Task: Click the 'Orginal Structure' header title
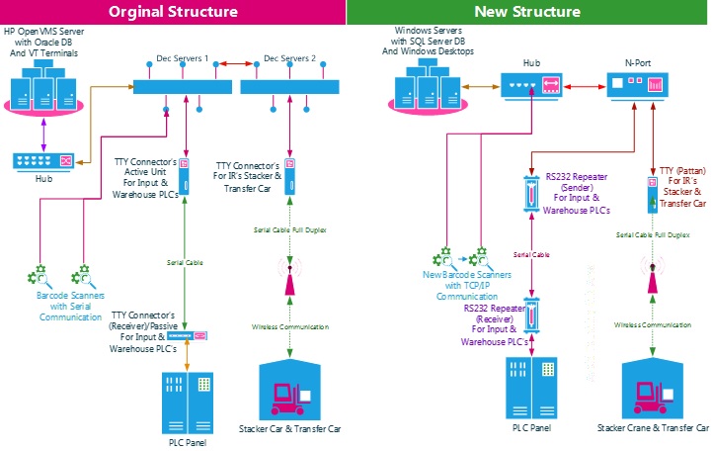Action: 173,12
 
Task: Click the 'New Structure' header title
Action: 527,12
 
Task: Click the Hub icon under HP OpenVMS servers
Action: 42,160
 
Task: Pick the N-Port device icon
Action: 634,87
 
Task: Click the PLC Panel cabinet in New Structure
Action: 531,386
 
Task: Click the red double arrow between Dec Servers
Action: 230,62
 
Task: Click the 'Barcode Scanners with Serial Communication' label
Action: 70,306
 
